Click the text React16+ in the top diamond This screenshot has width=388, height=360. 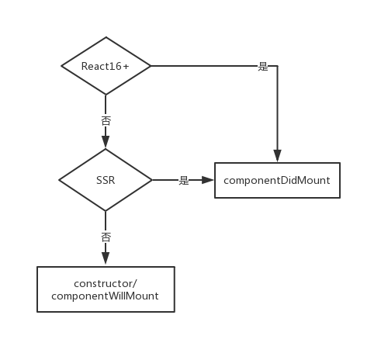coord(105,66)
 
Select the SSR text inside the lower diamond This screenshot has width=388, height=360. coord(106,180)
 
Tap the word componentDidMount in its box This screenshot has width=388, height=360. coord(277,180)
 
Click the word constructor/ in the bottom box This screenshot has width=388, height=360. coord(106,283)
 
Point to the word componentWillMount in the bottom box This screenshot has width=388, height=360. coord(106,296)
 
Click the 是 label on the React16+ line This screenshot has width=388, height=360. coord(263,66)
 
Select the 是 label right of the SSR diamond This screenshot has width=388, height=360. coord(184,180)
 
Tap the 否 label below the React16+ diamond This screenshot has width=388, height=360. coord(106,122)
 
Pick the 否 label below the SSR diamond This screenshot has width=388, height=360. coord(106,236)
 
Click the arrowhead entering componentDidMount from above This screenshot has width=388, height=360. coord(277,157)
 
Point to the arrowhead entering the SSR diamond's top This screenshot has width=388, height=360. coord(106,142)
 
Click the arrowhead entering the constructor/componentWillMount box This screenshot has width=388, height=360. coord(106,259)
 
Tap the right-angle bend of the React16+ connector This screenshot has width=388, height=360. coord(277,66)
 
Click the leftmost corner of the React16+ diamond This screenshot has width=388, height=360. coord(61,66)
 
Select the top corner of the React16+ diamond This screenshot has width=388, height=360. coord(106,37)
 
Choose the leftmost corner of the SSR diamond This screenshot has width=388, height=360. coord(59,180)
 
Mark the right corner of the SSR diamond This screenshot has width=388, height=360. coord(152,180)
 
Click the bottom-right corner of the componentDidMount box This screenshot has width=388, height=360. coord(340,198)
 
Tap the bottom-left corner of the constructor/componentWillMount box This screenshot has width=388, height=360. coord(37,312)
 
